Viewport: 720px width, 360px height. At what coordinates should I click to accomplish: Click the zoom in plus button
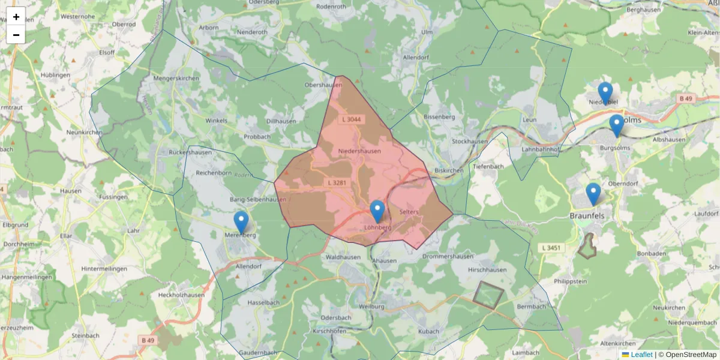click(x=16, y=17)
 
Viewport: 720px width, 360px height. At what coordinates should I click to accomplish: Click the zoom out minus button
click(x=16, y=35)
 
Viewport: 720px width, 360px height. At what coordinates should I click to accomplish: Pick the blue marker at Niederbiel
click(x=605, y=93)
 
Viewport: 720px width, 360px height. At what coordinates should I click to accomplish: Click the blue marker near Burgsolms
click(x=616, y=125)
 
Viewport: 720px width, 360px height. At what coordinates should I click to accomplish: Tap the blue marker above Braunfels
click(x=593, y=194)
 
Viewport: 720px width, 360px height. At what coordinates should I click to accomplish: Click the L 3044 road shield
click(x=351, y=119)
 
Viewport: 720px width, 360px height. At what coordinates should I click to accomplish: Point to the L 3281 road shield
click(x=337, y=182)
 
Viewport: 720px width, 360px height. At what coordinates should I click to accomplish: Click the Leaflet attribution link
click(x=641, y=355)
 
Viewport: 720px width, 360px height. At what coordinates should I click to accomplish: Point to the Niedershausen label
click(x=359, y=151)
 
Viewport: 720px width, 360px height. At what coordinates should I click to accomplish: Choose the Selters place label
click(x=408, y=212)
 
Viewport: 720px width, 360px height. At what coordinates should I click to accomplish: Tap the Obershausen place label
click(x=323, y=85)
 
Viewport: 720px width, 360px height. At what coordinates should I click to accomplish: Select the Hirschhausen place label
click(x=487, y=270)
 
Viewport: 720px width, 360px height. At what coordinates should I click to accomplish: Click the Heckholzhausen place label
click(x=181, y=295)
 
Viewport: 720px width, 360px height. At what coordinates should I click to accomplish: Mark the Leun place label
click(x=529, y=119)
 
